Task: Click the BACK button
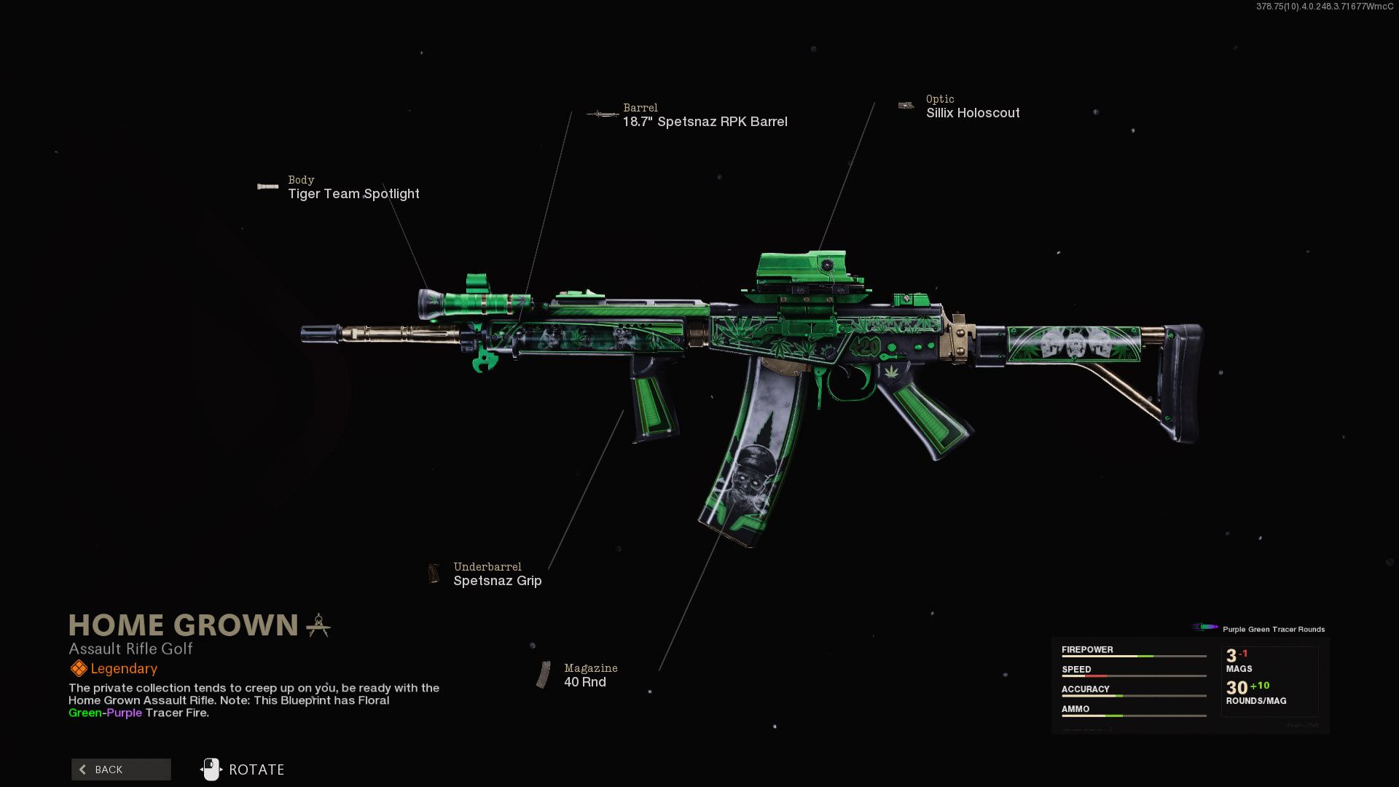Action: coord(121,770)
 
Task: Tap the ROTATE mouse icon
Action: coord(211,770)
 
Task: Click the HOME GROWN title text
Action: coord(184,625)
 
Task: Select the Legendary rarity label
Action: coord(124,669)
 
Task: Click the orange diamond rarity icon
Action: coord(78,668)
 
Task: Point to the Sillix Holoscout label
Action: coord(973,113)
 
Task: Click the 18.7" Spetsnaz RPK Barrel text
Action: coord(705,122)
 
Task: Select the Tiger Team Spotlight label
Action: coord(353,194)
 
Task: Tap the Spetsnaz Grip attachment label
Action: coord(498,581)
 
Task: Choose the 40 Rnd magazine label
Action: coord(585,682)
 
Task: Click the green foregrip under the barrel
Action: coord(654,408)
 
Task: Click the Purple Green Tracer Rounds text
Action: coord(1274,630)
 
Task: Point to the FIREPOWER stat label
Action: coord(1087,650)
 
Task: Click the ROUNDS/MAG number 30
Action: coord(1237,688)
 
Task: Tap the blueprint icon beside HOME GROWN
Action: coord(318,625)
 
